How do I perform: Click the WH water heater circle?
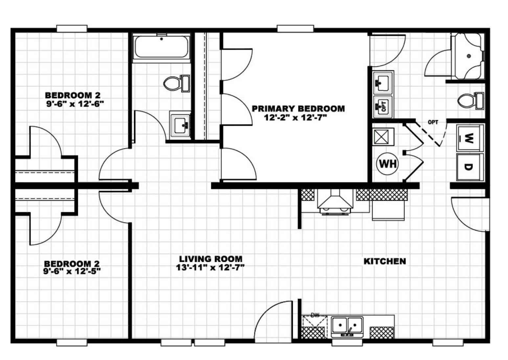(387, 163)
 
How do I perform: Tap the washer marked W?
(470, 138)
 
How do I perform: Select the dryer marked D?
(470, 167)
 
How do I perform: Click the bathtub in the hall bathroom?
(162, 47)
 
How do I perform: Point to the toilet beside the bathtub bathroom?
(176, 83)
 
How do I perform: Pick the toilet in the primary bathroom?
(470, 101)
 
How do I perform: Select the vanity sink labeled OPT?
(383, 106)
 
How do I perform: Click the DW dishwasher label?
(315, 315)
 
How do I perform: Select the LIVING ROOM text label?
(210, 259)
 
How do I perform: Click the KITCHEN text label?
(384, 261)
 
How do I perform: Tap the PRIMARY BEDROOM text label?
(298, 109)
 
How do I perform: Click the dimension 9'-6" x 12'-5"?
(72, 271)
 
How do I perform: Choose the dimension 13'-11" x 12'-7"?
(210, 268)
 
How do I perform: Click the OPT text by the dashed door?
(433, 122)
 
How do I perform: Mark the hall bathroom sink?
(180, 125)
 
